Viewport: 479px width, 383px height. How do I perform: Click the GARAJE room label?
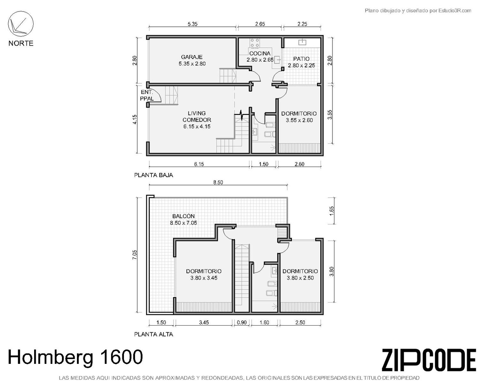192,57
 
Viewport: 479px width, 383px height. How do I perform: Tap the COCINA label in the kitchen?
260,53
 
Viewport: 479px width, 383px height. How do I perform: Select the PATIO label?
301,59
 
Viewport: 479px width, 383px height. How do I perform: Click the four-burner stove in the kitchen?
255,43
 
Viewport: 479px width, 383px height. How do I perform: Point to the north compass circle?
21,24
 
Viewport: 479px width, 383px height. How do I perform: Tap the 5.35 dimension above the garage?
193,24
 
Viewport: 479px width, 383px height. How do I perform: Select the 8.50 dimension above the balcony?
218,182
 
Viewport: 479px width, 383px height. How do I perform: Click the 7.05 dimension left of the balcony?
135,255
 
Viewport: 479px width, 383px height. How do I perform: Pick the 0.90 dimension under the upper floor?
241,322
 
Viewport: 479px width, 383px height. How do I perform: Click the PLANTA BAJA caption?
154,175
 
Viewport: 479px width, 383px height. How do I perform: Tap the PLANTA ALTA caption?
154,334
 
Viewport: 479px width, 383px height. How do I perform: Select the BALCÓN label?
183,216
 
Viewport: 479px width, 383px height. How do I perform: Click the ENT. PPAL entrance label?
147,95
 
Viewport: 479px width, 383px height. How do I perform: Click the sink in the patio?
302,42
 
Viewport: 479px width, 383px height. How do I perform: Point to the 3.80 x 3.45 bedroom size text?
204,278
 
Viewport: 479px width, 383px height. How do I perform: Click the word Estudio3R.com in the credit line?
454,11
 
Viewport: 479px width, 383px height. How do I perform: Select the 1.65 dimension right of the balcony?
332,211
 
